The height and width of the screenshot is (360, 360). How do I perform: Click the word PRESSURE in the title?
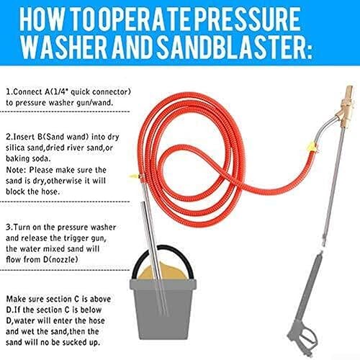pyautogui.click(x=247, y=19)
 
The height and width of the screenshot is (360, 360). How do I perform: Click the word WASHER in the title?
pyautogui.click(x=63, y=47)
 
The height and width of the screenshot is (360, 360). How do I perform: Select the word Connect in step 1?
pyautogui.click(x=28, y=92)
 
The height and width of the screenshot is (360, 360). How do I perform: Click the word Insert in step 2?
pyautogui.click(x=24, y=137)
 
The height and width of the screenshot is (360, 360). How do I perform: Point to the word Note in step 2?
pyautogui.click(x=15, y=170)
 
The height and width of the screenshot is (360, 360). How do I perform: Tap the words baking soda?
pyautogui.click(x=28, y=158)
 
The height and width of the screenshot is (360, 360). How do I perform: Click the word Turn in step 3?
pyautogui.click(x=22, y=228)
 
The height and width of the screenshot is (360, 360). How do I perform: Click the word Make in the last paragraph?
pyautogui.click(x=16, y=299)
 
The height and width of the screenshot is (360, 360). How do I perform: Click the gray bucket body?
pyautogui.click(x=163, y=309)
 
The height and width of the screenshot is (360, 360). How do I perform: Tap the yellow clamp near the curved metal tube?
pyautogui.click(x=312, y=147)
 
